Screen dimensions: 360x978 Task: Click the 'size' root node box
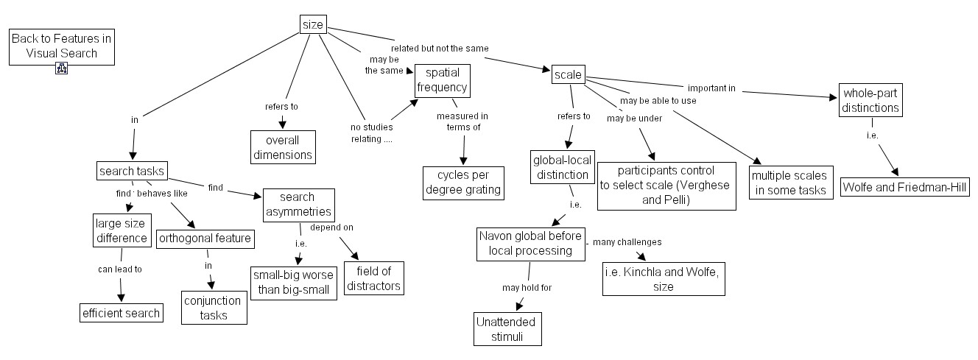[x=313, y=24]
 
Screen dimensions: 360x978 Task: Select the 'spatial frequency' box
[x=442, y=80]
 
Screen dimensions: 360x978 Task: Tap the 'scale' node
[x=568, y=74]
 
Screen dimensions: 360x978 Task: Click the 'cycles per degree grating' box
[x=463, y=182]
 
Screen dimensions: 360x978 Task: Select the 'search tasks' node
[x=133, y=171]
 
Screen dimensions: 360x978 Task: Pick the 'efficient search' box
[x=121, y=313]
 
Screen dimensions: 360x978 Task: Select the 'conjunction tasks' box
[x=214, y=308]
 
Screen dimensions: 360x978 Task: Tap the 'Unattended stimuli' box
[x=508, y=329]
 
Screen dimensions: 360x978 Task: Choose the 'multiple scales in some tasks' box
[x=789, y=183]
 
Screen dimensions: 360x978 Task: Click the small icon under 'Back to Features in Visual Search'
[x=62, y=69]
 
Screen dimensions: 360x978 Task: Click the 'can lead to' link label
[x=119, y=269]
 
